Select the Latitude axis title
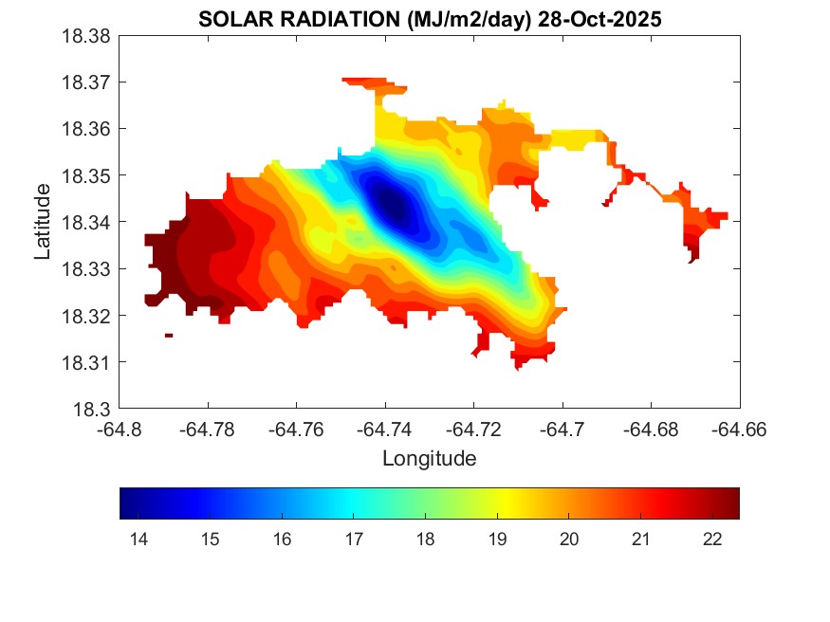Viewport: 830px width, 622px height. (x=42, y=222)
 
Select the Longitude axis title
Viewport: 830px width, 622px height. (x=429, y=459)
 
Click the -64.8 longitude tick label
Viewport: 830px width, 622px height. (x=120, y=430)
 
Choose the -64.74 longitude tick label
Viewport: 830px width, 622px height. (x=384, y=430)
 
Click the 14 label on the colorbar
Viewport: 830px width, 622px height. (x=138, y=540)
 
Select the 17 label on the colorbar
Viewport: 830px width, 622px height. (x=353, y=540)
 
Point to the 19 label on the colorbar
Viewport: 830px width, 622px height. (x=497, y=540)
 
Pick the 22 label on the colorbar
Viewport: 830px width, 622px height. (x=712, y=540)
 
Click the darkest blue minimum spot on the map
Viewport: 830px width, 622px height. (x=392, y=202)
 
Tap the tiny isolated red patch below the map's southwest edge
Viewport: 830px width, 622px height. (x=169, y=335)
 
